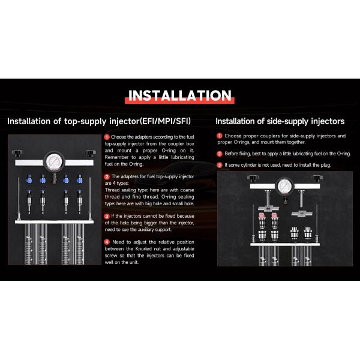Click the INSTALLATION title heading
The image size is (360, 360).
click(x=179, y=95)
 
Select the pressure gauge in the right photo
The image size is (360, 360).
click(x=284, y=186)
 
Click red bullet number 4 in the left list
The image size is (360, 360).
click(x=107, y=242)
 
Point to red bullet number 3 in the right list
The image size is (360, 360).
click(x=220, y=165)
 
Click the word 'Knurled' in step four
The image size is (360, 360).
click(x=143, y=249)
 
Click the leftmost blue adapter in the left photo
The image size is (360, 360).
click(x=29, y=179)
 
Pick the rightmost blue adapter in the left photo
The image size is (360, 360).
click(x=79, y=179)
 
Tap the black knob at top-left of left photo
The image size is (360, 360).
click(x=17, y=152)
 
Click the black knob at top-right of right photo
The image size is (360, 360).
click(x=317, y=178)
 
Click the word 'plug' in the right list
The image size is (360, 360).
click(x=325, y=165)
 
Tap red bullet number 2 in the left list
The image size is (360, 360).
click(x=107, y=176)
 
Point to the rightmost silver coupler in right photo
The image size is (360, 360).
click(x=308, y=233)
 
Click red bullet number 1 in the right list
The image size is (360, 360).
click(x=220, y=136)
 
